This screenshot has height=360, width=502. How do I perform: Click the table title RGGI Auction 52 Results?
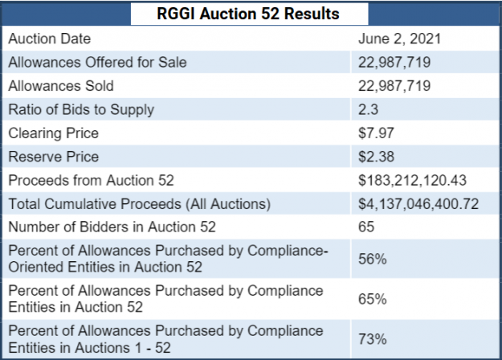[x=248, y=14]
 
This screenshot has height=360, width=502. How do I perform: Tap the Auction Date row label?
[x=48, y=39]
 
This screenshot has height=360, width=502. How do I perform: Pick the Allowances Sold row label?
[x=61, y=85]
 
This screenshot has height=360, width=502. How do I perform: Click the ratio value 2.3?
[x=367, y=109]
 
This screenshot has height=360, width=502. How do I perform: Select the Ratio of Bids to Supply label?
[x=81, y=109]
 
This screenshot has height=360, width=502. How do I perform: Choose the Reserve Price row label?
[x=52, y=156]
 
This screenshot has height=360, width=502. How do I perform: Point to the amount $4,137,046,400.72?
[x=418, y=204]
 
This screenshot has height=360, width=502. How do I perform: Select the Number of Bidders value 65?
[x=366, y=227]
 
